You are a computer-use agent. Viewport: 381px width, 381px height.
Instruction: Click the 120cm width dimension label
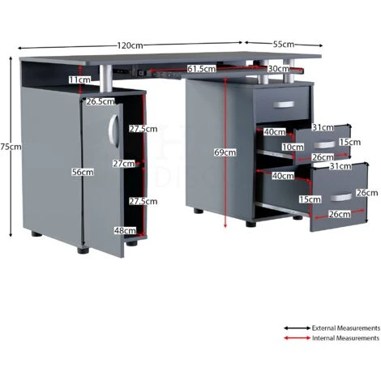click(x=130, y=45)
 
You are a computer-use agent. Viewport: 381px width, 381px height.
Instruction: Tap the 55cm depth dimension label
click(x=283, y=44)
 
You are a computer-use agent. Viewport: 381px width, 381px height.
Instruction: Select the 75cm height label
click(x=11, y=147)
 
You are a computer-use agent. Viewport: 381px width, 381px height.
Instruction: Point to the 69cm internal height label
click(x=225, y=152)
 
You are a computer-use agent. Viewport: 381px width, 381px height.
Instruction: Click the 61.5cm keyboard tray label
click(x=202, y=69)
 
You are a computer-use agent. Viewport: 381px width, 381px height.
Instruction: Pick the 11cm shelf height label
click(x=79, y=79)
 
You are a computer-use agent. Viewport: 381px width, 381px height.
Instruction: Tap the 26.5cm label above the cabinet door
click(x=101, y=101)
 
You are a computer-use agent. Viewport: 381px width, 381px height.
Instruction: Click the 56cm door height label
click(x=83, y=172)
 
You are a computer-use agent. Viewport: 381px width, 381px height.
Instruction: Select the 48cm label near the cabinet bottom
click(x=125, y=230)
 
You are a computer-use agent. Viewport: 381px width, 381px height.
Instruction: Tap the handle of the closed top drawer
click(x=284, y=105)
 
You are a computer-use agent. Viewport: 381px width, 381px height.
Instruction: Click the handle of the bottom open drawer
click(x=341, y=197)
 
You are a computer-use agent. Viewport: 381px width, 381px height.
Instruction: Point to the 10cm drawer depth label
click(x=293, y=148)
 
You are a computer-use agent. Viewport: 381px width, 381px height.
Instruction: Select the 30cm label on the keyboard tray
click(x=278, y=69)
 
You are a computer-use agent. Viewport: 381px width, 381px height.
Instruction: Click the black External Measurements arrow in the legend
click(x=297, y=328)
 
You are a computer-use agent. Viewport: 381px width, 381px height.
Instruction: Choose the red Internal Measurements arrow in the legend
click(x=297, y=338)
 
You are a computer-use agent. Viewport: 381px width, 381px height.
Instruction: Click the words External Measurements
click(x=346, y=328)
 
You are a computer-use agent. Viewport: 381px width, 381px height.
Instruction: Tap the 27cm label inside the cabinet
click(x=123, y=164)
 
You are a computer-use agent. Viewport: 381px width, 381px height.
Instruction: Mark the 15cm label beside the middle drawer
click(x=350, y=142)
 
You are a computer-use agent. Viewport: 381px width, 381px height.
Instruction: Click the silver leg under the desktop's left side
click(x=105, y=79)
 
